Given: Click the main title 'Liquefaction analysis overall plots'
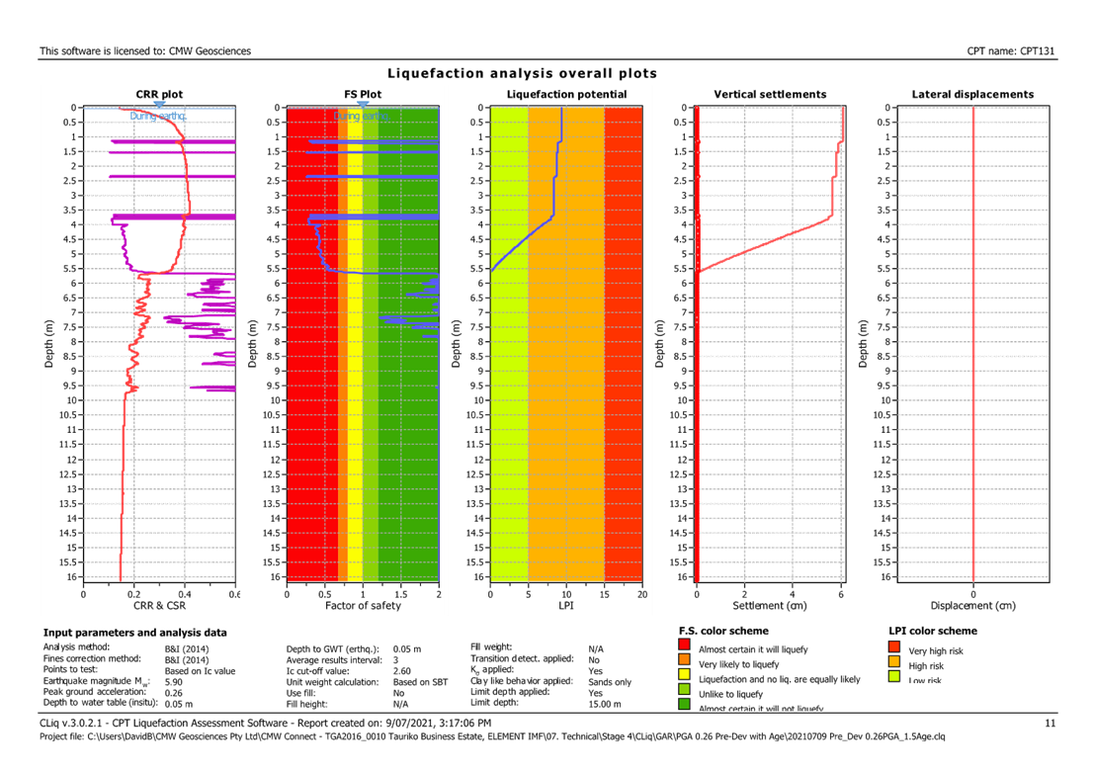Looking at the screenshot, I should tap(522, 74).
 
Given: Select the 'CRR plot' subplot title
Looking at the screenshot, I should tap(159, 95).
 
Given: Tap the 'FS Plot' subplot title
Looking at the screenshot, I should tap(363, 95).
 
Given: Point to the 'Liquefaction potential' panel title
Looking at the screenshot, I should tap(566, 95).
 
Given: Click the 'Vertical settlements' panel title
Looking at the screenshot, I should tap(770, 95).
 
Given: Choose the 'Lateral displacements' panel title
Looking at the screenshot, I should tap(972, 95).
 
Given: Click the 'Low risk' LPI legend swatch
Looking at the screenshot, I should tap(895, 677).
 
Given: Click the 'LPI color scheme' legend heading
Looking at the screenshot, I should tap(934, 631).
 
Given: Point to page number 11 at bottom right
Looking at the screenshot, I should tap(1051, 724).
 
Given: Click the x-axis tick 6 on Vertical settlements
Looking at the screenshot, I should tap(841, 594).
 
